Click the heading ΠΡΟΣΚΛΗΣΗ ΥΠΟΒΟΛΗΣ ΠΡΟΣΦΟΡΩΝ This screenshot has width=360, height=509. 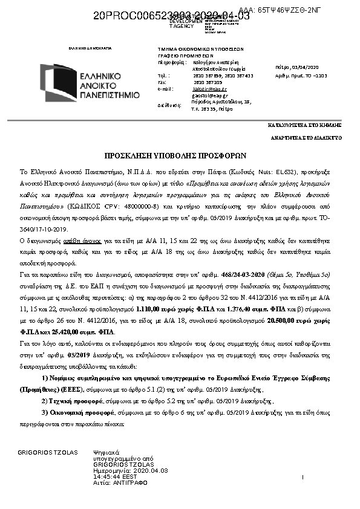pos(180,154)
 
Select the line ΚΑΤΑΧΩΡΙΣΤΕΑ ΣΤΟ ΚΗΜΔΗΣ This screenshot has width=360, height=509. pos(305,125)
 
